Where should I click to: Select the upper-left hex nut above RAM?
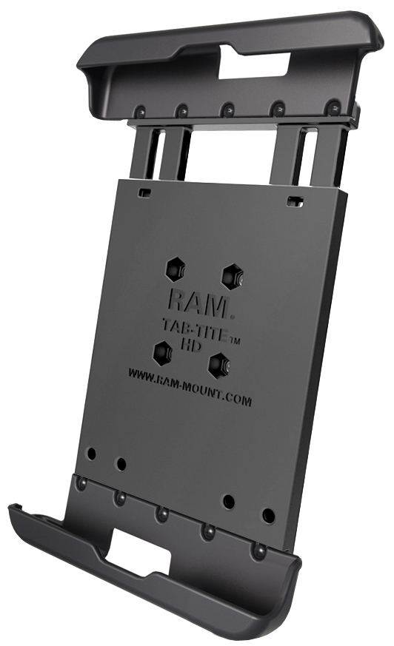coord(176,269)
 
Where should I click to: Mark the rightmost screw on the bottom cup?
coord(258,551)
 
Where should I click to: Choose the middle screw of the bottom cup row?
coord(161,514)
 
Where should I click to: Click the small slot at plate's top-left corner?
coord(146,192)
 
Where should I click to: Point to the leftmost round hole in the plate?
coord(91,452)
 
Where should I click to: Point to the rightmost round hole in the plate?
coord(268,515)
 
